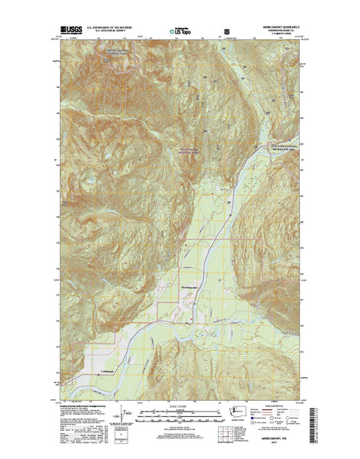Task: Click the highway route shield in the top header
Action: point(225,32)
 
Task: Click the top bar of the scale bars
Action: point(180,394)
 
